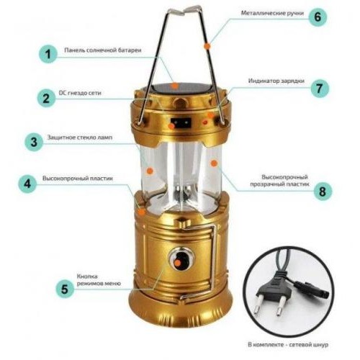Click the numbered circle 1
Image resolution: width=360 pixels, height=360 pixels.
coord(48,54)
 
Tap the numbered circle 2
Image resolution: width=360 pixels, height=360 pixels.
coord(46,98)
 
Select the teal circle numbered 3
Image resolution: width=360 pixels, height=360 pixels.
coord(34,142)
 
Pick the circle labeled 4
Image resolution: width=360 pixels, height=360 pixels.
coord(28,184)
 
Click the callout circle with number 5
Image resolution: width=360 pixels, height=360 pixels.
coord(65,289)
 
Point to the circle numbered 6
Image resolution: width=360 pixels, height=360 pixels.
coord(318,17)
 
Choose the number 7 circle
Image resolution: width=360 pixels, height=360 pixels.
coord(320,89)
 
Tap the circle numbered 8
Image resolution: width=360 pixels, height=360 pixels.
coord(323,192)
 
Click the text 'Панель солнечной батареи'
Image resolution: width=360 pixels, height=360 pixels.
coord(103,50)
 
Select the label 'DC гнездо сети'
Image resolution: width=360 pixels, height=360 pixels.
coord(80,93)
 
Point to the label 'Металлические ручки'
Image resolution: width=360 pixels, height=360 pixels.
coord(272,13)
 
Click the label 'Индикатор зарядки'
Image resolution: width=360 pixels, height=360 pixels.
coord(276,81)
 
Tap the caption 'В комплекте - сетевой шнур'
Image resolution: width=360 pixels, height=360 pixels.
coord(288,345)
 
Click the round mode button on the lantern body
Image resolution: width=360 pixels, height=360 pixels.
coord(181,259)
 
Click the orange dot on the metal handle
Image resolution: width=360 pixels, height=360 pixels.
coord(207,45)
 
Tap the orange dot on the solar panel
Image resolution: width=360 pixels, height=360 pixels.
coord(176,86)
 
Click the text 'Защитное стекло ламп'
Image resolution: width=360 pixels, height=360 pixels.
coord(80,138)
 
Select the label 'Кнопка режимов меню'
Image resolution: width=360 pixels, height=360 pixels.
coord(99,280)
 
